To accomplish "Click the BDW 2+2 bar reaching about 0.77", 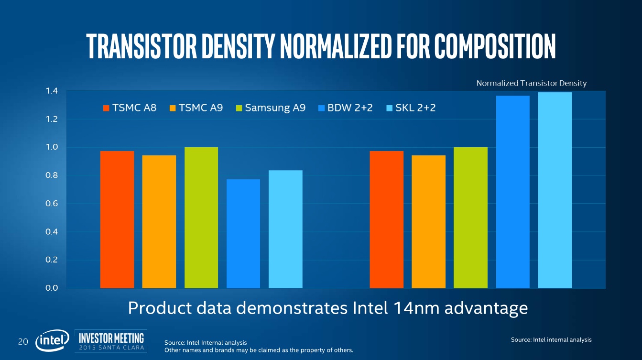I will tap(243, 234).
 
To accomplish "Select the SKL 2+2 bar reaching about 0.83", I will tap(285, 229).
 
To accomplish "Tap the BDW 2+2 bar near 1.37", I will tap(513, 192).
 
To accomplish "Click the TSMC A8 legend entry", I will tap(130, 108).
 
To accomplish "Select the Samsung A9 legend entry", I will tap(270, 108).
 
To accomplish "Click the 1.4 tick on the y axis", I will tap(52, 91).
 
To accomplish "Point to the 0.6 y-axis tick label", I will tap(52, 204).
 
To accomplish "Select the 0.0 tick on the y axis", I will tap(52, 288).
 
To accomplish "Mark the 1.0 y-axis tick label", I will tap(52, 147).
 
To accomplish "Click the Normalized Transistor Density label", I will tap(531, 83).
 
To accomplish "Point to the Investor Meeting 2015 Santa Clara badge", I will tap(111, 341).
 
